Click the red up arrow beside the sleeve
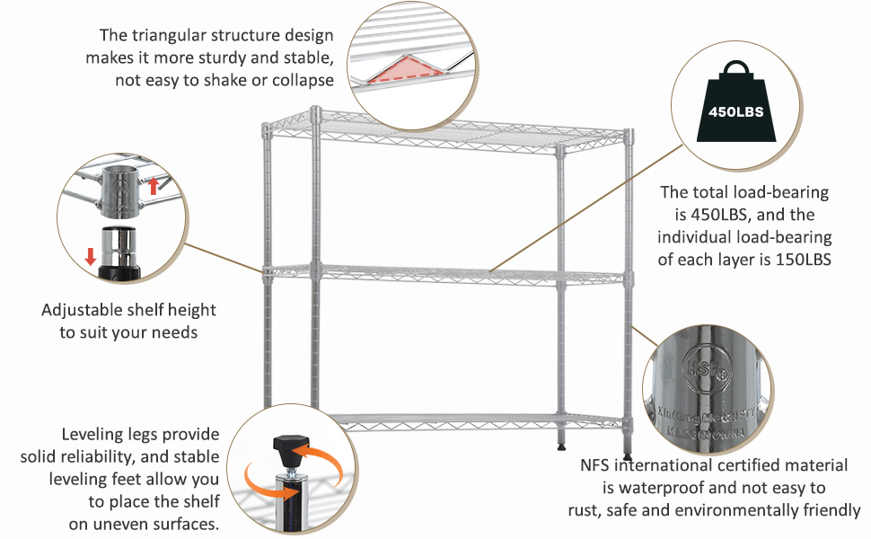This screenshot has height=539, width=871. click(153, 186)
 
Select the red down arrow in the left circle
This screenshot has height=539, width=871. click(91, 255)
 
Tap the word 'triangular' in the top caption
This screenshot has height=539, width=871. click(172, 36)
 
